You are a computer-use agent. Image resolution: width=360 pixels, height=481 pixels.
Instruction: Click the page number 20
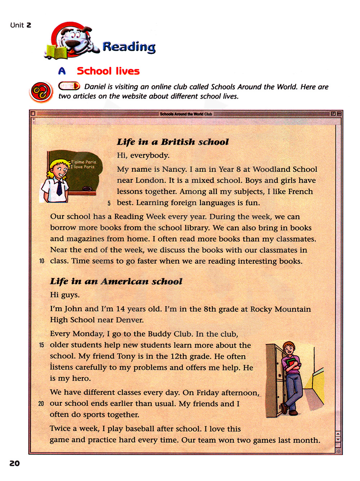[14, 463]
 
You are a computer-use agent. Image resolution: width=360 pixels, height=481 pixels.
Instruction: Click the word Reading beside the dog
[129, 46]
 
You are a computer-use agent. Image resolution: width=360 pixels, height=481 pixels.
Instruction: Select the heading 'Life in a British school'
[173, 142]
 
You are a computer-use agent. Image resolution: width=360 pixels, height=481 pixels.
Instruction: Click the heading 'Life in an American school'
[116, 281]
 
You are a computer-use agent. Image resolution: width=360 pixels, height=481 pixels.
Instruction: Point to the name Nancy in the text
[174, 170]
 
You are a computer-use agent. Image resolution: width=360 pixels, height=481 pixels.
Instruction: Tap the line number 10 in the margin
[42, 261]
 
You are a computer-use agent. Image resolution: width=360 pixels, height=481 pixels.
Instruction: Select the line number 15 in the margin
[41, 345]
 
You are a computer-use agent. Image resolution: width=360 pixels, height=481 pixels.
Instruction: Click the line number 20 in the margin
[41, 404]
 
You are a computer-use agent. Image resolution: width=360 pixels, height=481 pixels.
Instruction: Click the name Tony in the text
[126, 356]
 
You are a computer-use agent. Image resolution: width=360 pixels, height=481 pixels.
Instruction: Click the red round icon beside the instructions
[41, 92]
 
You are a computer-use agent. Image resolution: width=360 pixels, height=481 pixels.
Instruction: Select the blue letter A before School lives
[62, 71]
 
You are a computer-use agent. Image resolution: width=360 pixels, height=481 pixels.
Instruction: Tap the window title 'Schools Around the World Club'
[186, 114]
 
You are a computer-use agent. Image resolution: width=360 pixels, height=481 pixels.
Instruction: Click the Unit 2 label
[21, 25]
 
